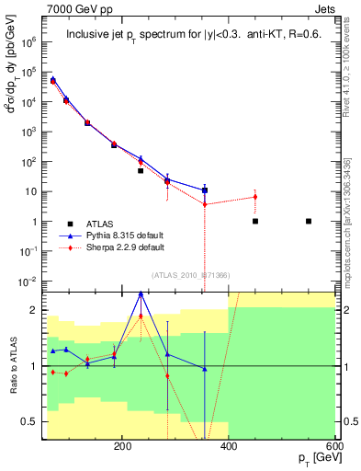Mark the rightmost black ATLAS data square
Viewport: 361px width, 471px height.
[309, 221]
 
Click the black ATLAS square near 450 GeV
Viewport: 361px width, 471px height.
[255, 221]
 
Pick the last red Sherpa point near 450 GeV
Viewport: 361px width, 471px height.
[255, 197]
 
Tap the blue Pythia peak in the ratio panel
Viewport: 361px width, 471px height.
[140, 293]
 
